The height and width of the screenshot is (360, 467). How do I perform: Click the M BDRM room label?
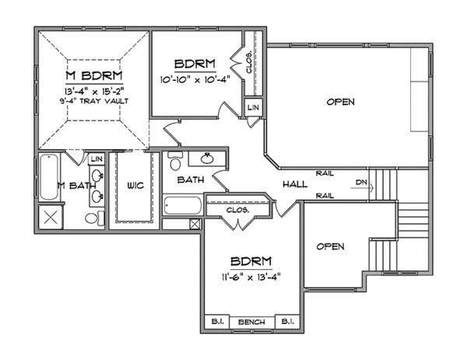click(94, 75)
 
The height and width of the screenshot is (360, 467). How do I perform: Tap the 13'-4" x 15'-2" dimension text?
click(94, 90)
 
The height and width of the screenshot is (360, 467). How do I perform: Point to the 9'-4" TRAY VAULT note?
click(94, 101)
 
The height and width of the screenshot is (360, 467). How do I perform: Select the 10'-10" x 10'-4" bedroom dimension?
click(195, 80)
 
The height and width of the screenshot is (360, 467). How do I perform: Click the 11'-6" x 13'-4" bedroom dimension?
click(251, 278)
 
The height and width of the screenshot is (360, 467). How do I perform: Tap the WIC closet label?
click(135, 186)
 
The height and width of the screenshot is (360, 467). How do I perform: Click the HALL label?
click(295, 184)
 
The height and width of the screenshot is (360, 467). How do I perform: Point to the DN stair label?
click(361, 182)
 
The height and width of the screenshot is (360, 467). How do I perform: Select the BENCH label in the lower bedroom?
click(251, 322)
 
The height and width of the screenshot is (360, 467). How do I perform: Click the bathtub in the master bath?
click(49, 177)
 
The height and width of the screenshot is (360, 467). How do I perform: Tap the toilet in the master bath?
click(95, 218)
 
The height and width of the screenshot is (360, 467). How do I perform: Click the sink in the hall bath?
click(207, 159)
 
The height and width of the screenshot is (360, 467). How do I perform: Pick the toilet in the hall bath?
click(175, 161)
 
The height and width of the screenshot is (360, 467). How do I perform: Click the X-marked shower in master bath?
click(51, 218)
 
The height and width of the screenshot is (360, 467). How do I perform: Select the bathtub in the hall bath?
click(182, 205)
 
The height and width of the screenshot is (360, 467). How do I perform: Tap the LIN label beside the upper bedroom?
click(253, 107)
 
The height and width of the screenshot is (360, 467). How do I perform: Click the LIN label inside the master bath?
click(97, 159)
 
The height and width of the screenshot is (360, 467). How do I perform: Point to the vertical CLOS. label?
click(249, 63)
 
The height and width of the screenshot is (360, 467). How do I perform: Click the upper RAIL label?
click(325, 173)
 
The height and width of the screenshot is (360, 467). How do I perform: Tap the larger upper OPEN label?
click(340, 102)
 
